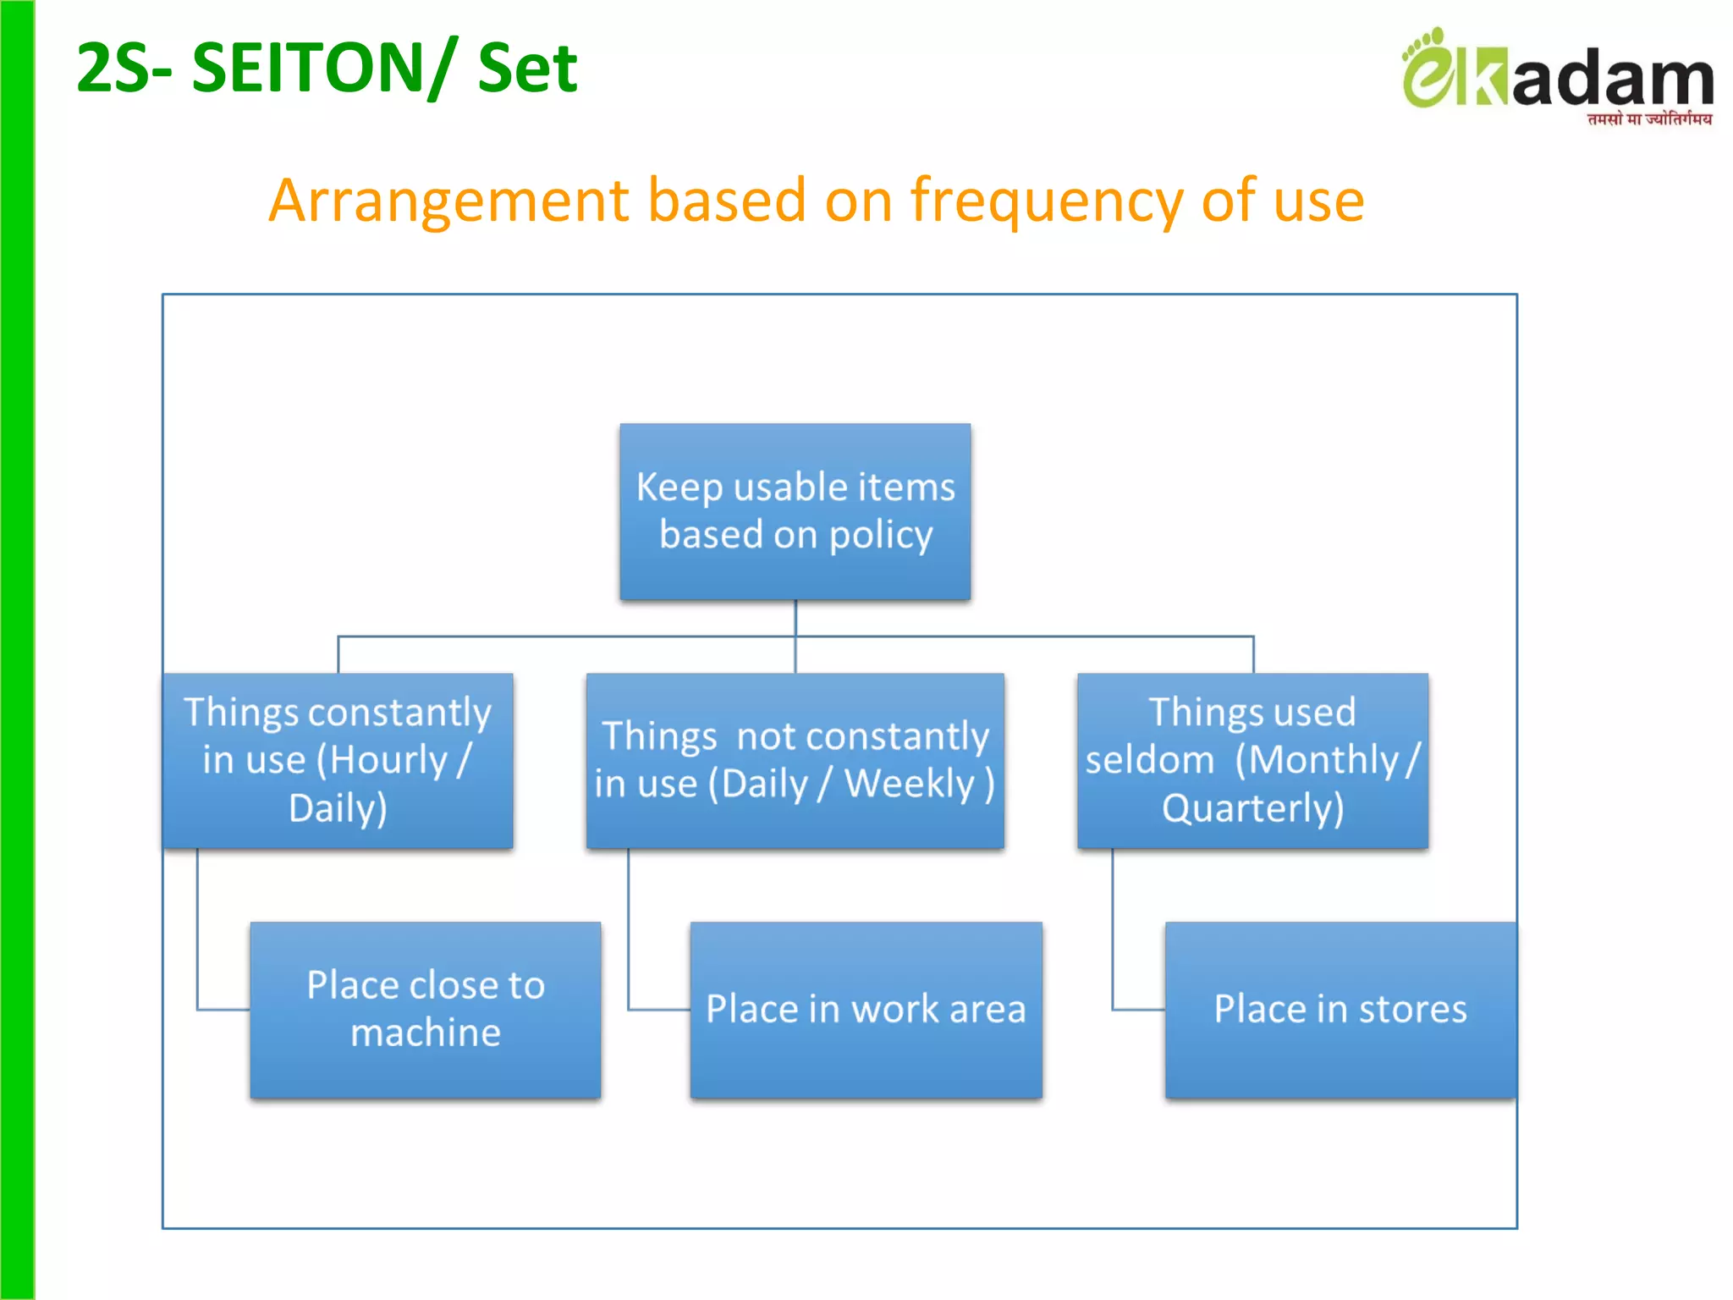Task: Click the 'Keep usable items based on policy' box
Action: (795, 511)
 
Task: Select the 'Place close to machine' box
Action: (425, 1009)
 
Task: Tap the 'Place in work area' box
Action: (866, 1009)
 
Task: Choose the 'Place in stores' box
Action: (1340, 1009)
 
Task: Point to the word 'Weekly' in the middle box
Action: (910, 784)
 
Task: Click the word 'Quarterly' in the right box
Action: (1252, 808)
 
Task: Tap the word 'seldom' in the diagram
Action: (1149, 760)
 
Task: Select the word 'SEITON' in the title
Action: (308, 68)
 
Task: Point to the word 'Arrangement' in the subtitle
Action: (449, 201)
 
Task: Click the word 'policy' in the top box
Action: (880, 535)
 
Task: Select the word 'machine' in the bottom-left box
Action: (426, 1033)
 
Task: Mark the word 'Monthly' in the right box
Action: (1323, 760)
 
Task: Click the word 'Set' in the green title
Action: (527, 68)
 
